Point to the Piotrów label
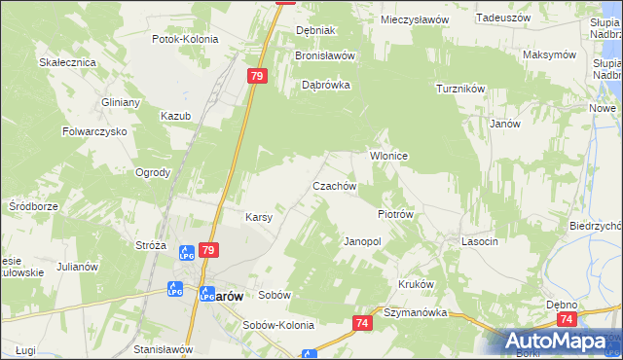tap(396, 214)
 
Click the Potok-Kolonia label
tap(185, 40)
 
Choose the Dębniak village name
tap(315, 30)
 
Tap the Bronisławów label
tap(325, 55)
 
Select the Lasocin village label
tap(481, 240)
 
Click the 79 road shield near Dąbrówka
tap(257, 76)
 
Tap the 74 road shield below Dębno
tap(568, 318)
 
